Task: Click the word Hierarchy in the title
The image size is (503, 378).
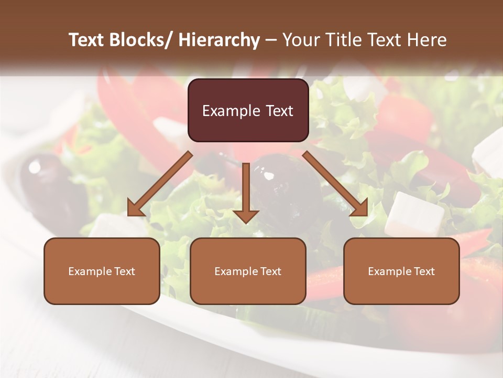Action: click(219, 40)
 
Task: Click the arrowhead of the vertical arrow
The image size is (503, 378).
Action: click(246, 216)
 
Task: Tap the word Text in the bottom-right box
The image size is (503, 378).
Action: click(424, 271)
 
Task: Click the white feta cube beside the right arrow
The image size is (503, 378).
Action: click(414, 214)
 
